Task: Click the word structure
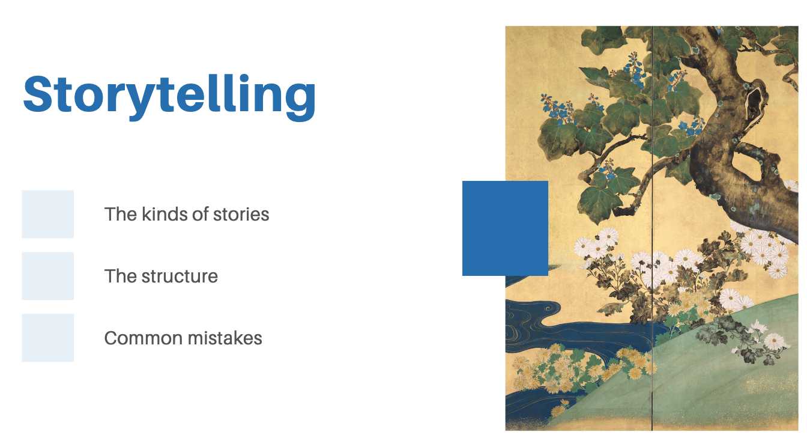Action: pos(180,276)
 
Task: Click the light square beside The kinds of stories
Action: pos(48,214)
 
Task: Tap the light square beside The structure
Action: pos(48,276)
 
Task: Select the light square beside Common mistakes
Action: pos(48,338)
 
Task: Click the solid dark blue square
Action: pos(505,228)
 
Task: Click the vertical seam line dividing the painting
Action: pos(652,228)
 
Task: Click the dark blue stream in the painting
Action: pos(576,332)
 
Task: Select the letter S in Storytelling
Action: pos(38,94)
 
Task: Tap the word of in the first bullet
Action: pos(200,214)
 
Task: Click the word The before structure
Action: pos(121,276)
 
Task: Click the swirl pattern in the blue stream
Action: pos(548,310)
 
